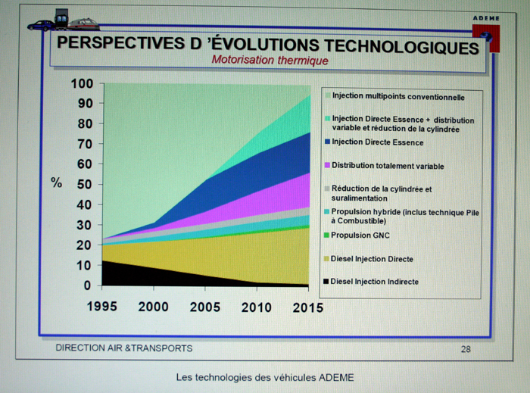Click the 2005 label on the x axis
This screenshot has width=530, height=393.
pos(204,307)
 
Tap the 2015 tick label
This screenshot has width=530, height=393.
pos(308,307)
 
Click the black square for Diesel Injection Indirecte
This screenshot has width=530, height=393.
pos(326,282)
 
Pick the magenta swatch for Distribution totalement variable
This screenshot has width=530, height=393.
pos(326,165)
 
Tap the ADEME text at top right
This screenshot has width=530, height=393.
pos(486,17)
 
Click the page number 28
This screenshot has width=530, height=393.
pos(466,348)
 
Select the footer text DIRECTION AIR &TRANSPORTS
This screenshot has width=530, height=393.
pos(124,348)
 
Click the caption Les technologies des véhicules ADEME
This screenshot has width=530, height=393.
pos(264,377)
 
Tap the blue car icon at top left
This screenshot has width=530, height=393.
pos(41,25)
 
